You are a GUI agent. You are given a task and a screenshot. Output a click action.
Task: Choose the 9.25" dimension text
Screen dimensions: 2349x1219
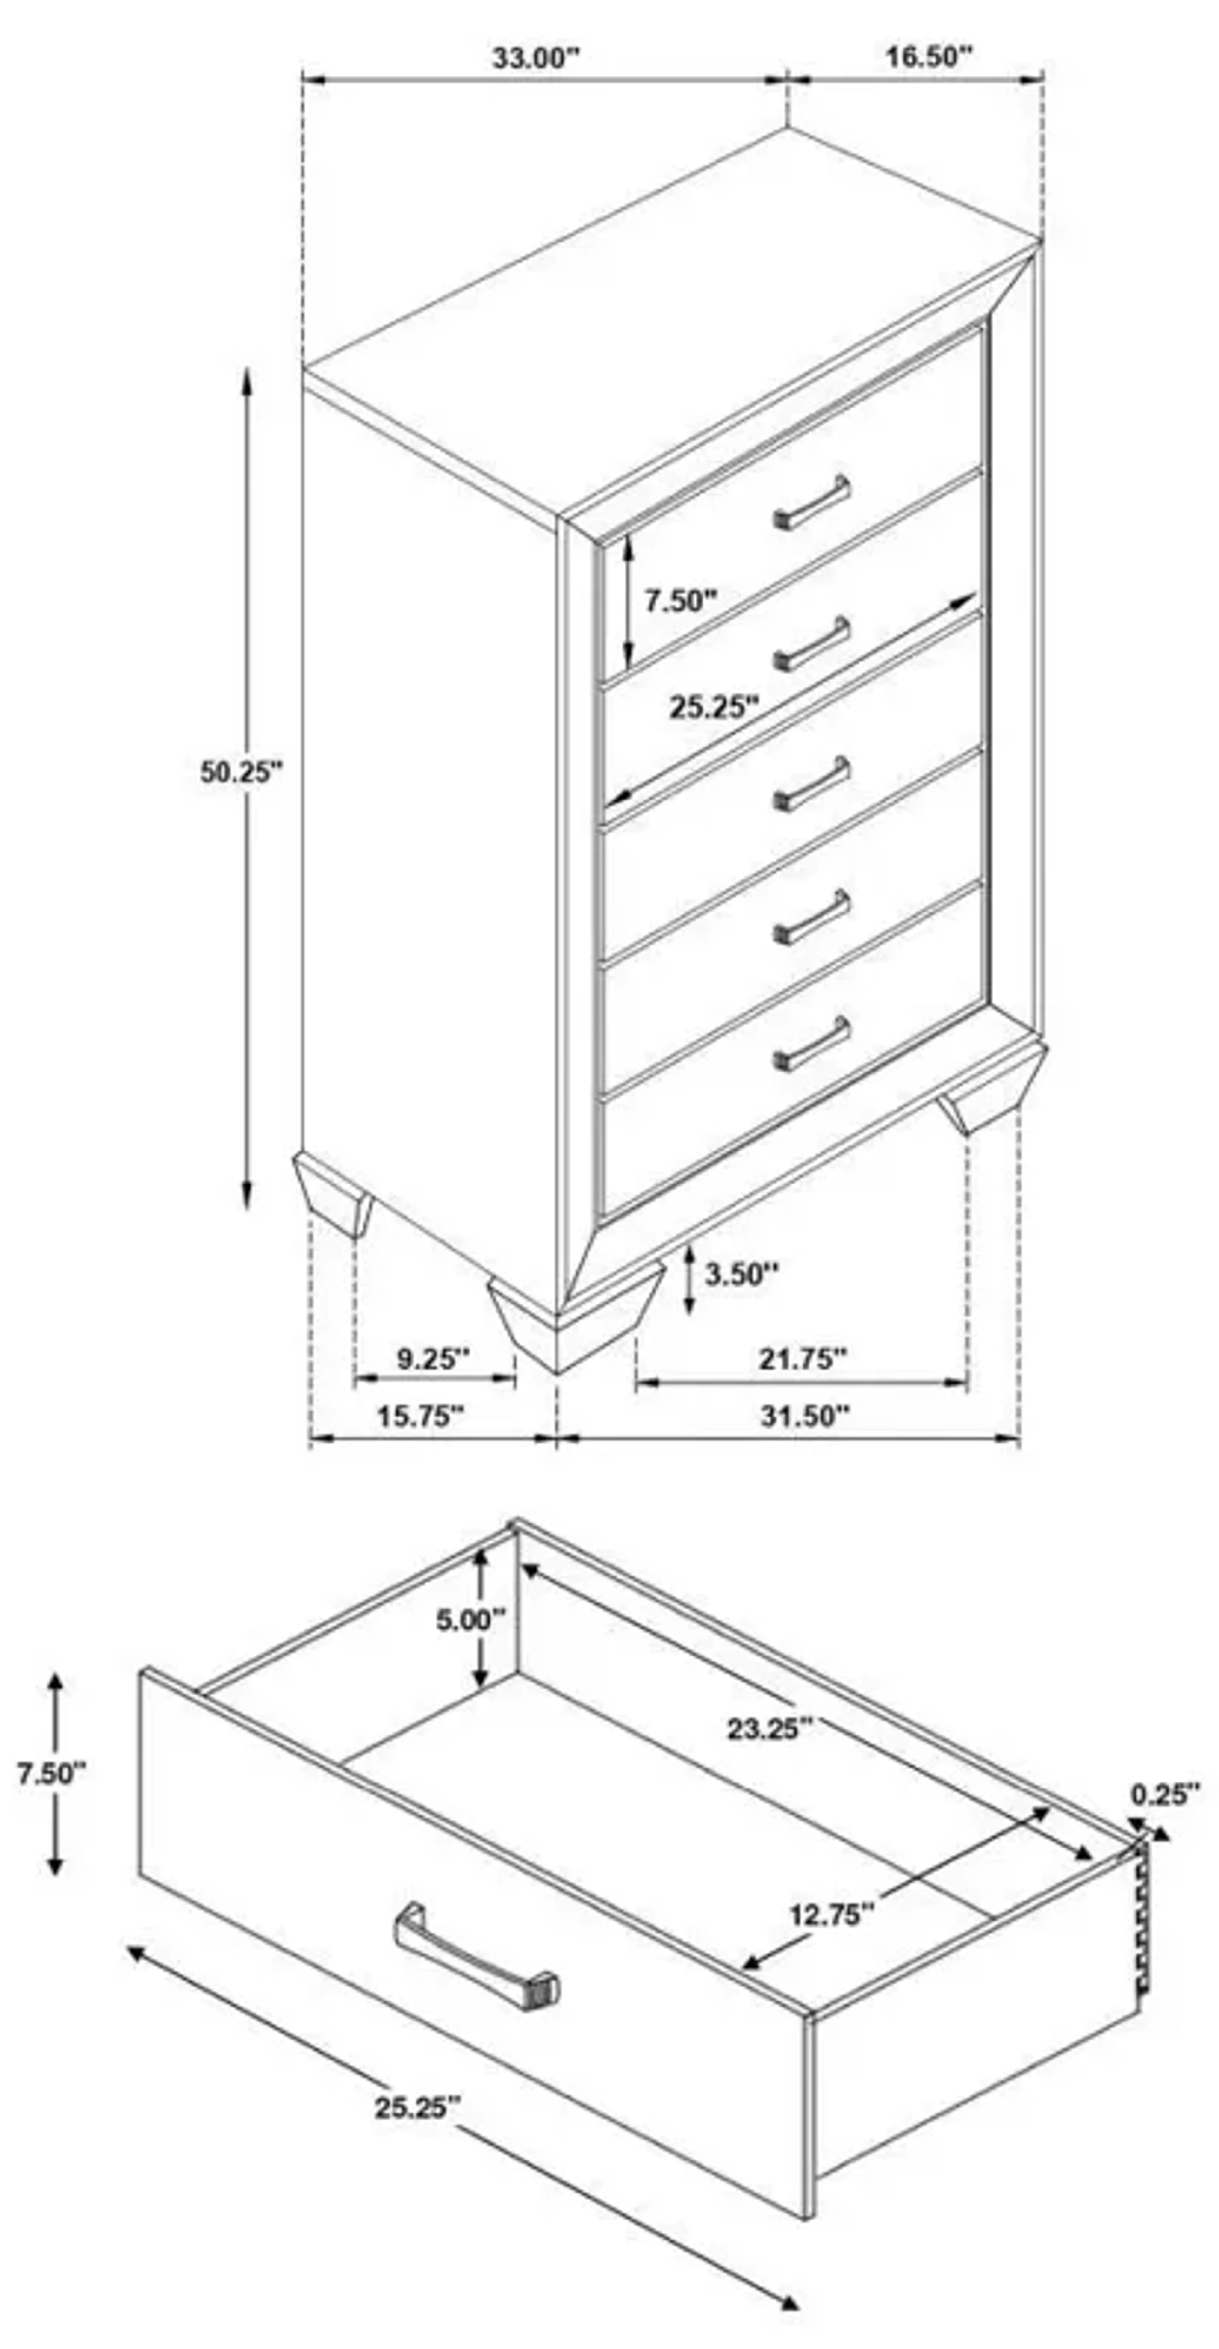coord(432,1359)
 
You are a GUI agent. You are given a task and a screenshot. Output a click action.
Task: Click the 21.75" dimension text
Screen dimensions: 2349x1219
coord(802,1359)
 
